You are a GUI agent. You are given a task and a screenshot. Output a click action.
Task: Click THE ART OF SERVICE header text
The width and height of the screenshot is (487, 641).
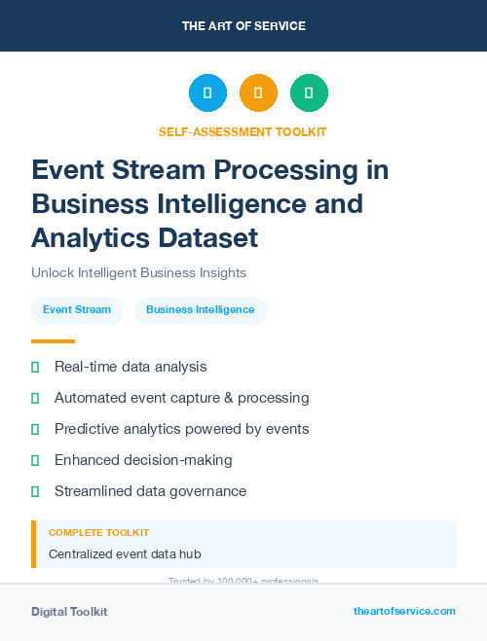coord(243,26)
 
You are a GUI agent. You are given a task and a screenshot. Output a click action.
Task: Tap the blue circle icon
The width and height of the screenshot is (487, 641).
coord(207,93)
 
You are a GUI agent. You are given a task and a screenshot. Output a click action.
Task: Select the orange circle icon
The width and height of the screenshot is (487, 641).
coord(258,93)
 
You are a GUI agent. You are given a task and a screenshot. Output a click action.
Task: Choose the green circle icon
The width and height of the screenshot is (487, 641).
coord(309,93)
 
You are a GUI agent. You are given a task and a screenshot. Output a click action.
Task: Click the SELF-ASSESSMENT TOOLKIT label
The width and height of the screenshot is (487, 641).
coord(243,131)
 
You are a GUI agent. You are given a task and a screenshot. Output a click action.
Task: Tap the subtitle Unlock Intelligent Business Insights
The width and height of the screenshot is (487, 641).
coord(138,272)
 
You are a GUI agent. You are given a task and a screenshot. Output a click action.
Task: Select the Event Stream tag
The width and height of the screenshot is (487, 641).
coord(77,310)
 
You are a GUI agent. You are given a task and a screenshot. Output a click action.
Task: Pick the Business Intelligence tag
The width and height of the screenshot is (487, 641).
coord(200,310)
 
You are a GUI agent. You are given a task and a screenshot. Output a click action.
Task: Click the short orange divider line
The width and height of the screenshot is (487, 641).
coord(53,341)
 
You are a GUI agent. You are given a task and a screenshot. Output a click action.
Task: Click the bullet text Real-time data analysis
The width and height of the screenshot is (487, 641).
coord(131,367)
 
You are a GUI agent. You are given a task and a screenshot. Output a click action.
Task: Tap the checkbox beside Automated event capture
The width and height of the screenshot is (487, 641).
coord(35,398)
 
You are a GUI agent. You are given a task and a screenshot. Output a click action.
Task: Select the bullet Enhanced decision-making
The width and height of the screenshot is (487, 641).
coord(143,460)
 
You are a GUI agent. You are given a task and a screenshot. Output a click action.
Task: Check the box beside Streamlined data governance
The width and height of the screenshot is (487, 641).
coord(35,491)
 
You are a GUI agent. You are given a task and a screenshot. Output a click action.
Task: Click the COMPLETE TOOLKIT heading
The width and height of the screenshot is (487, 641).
coord(98,533)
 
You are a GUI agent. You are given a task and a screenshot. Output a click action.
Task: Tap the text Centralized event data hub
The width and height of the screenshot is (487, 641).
coord(125,554)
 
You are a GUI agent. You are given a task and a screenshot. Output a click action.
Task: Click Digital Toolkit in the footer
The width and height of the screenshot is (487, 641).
coord(69,612)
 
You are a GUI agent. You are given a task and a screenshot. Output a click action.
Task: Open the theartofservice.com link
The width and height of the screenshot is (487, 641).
coord(404,611)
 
